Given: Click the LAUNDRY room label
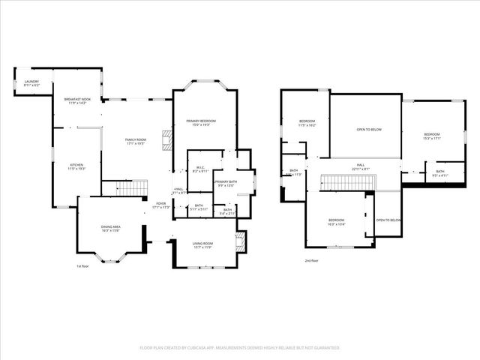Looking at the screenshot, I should point(31,83).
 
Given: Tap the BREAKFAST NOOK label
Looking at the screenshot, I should point(77,100).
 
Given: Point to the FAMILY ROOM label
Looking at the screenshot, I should point(136,141).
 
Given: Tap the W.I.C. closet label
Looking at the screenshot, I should point(200,169).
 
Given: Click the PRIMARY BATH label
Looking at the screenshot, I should point(226,184).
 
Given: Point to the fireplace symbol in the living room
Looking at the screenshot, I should point(240,242).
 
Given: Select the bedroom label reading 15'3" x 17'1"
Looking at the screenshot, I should point(431,136).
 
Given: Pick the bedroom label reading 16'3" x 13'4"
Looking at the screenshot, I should point(335,221).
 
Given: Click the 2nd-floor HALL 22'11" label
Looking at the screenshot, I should point(360,166).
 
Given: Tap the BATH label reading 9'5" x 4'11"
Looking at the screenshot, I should point(439,173).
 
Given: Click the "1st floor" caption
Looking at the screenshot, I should point(84,266).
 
